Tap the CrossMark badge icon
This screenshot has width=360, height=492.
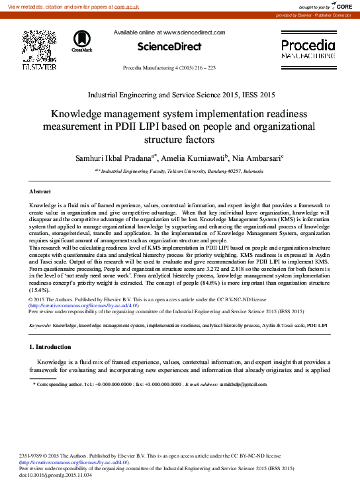pos(82,41)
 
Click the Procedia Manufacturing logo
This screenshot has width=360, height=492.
pos(308,50)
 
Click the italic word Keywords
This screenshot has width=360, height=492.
pos(40,326)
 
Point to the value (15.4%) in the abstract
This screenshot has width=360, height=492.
pos(39,291)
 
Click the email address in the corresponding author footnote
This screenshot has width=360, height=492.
pos(239,384)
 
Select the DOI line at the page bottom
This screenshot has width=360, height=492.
pos(56,475)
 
